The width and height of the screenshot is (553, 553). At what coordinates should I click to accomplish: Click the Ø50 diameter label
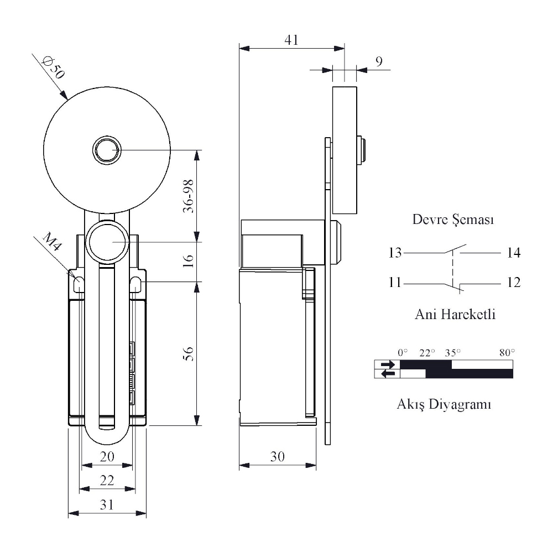[x=54, y=67]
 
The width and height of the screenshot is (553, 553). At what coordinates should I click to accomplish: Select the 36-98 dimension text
[x=189, y=196]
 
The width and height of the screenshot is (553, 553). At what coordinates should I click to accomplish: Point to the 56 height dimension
[x=189, y=354]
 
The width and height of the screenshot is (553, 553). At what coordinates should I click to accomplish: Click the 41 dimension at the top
[x=291, y=40]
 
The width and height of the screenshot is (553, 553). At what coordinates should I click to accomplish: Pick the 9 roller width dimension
[x=379, y=62]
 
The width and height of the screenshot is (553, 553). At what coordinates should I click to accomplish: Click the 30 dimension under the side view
[x=278, y=457]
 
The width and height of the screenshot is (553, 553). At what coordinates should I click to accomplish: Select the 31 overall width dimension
[x=107, y=505]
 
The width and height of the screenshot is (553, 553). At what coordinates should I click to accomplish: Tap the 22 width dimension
[x=107, y=481]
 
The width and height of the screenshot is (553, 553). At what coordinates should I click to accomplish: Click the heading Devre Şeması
[x=453, y=220]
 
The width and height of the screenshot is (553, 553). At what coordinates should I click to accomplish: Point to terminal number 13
[x=395, y=253]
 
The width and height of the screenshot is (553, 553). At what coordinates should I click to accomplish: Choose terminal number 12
[x=514, y=283]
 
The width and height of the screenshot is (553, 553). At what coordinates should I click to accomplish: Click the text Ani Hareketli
[x=455, y=314]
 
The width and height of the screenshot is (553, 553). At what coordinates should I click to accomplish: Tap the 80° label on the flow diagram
[x=507, y=352]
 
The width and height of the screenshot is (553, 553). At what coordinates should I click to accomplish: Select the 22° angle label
[x=427, y=352]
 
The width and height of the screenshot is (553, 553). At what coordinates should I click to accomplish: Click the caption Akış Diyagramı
[x=444, y=404]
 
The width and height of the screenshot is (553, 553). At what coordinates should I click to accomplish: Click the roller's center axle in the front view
[x=107, y=150]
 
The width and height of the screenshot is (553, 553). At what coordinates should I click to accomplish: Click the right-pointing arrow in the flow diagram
[x=388, y=364]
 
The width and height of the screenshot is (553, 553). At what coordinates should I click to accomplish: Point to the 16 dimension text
[x=189, y=261]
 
